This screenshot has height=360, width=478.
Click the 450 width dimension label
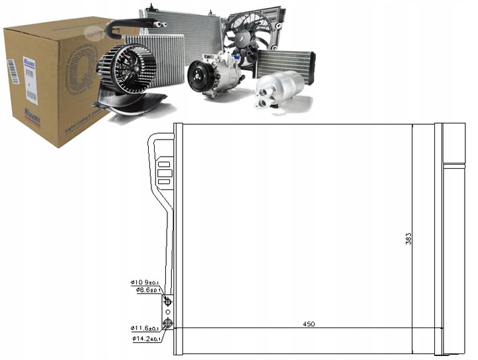(x=309, y=324)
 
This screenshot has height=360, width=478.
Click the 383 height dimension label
(x=408, y=238)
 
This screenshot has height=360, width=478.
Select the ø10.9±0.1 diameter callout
(x=145, y=282)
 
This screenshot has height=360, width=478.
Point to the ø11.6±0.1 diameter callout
(x=145, y=329)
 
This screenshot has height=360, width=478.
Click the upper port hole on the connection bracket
(x=168, y=302)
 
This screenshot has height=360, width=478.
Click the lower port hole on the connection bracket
(x=168, y=324)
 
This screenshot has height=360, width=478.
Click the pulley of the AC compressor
(x=197, y=76)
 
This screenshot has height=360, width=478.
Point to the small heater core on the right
(x=285, y=64)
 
